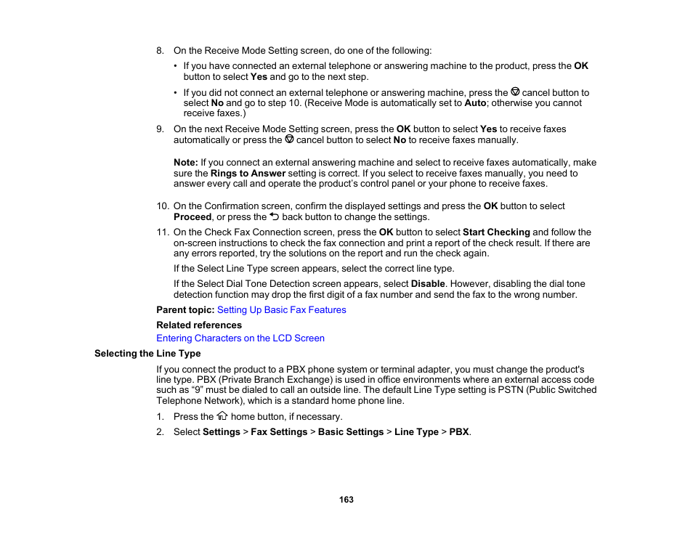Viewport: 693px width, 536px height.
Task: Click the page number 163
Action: (x=346, y=500)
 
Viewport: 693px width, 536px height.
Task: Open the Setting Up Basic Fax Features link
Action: (x=281, y=310)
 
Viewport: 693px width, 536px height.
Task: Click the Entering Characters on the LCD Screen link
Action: (x=240, y=338)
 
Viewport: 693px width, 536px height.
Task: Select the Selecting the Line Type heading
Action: (x=147, y=354)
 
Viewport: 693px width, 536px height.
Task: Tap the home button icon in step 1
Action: (x=222, y=416)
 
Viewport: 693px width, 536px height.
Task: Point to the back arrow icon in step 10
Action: (x=274, y=216)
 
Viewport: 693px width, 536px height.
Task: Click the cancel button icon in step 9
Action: (x=289, y=139)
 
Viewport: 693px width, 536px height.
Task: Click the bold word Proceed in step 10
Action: (x=192, y=217)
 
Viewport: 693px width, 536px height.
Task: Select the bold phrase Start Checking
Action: (x=496, y=232)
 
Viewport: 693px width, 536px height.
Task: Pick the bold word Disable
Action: (x=428, y=284)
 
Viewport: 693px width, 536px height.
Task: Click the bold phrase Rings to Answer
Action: (x=247, y=174)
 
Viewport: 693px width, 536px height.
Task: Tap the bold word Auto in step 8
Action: (x=475, y=103)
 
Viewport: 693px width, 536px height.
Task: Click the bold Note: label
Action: (x=186, y=163)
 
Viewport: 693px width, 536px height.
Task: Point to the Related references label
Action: (x=199, y=325)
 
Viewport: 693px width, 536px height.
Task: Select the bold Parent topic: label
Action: (x=185, y=310)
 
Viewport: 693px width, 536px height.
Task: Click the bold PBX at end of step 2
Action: (x=458, y=432)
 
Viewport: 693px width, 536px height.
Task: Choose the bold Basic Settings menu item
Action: (x=350, y=432)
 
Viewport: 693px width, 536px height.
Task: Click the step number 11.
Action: (x=163, y=232)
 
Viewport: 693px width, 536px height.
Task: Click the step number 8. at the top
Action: (x=161, y=51)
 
